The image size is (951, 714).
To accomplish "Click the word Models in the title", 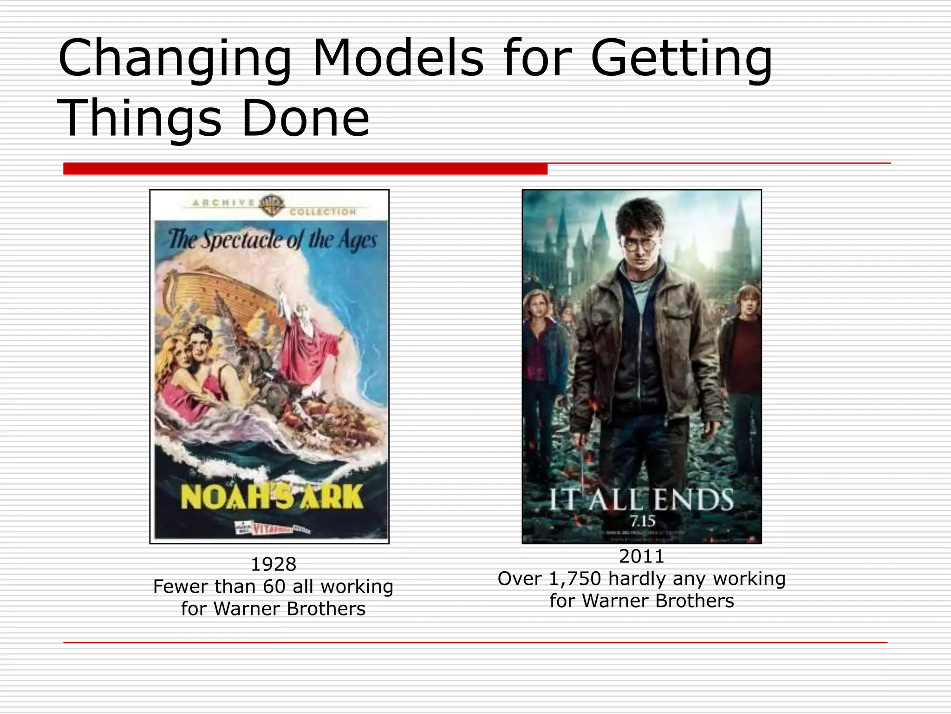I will [398, 59].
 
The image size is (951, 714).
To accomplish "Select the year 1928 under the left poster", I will [273, 564].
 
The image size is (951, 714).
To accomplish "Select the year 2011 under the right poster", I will [642, 556].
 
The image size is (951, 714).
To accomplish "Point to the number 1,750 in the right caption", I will [575, 579].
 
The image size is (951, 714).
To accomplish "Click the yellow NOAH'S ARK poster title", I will [272, 496].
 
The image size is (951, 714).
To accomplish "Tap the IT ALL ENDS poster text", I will [641, 500].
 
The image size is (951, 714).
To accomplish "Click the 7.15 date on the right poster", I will [642, 521].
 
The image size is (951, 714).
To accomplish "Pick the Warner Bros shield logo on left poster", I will [272, 205].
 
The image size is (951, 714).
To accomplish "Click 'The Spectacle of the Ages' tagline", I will [272, 240].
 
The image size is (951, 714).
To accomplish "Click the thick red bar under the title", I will [305, 169].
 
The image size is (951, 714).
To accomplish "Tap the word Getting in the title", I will [681, 59].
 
